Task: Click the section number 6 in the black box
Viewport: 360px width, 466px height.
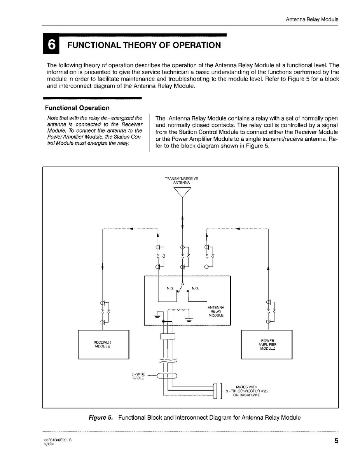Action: [x=51, y=45]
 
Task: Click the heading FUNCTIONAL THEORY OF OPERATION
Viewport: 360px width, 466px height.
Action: [x=144, y=45]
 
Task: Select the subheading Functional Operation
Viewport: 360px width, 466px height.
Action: [x=77, y=108]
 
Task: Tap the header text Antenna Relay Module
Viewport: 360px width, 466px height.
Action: [x=312, y=19]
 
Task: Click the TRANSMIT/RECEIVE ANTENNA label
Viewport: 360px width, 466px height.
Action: [x=182, y=180]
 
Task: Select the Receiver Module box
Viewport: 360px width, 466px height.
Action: [x=103, y=344]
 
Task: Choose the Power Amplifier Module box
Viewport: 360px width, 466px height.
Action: [x=267, y=344]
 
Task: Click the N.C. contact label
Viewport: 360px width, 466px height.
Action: [x=170, y=289]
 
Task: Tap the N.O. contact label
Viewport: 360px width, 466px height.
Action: [x=195, y=289]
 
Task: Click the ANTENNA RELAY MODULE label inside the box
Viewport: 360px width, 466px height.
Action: [x=216, y=311]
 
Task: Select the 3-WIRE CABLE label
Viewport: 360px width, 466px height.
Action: [x=138, y=376]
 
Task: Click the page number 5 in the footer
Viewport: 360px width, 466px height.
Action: [x=336, y=441]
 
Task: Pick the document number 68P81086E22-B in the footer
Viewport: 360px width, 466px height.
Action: [x=58, y=438]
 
